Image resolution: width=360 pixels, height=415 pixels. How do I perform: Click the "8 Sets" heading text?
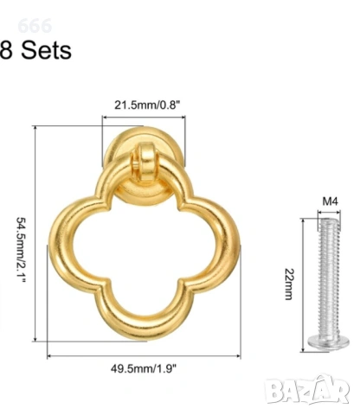[35, 50]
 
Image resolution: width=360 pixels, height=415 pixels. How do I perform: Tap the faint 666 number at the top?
[35, 26]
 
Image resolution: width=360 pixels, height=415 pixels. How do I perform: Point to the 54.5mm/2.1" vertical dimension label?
[21, 250]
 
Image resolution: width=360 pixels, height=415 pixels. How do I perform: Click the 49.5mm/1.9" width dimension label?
[144, 368]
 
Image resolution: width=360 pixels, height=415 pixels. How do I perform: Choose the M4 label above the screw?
[330, 201]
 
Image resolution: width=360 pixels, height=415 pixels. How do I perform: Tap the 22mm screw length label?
[289, 284]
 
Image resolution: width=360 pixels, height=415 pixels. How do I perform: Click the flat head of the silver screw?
[328, 342]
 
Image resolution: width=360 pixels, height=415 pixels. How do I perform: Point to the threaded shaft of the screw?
[328, 277]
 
